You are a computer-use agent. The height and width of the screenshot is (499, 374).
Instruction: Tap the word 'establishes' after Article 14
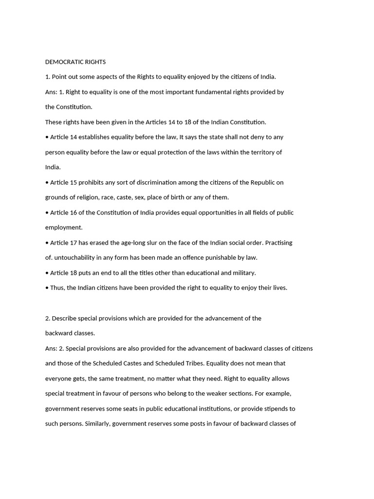pyautogui.click(x=96, y=137)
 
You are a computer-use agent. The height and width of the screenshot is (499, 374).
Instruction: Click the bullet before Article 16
pyautogui.click(x=47, y=213)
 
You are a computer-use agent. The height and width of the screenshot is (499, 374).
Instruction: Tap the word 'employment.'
pyautogui.click(x=64, y=228)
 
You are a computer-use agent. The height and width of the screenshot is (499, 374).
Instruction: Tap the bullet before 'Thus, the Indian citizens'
pyautogui.click(x=47, y=288)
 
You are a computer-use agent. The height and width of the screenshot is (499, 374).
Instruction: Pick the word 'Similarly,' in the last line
pyautogui.click(x=98, y=424)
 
